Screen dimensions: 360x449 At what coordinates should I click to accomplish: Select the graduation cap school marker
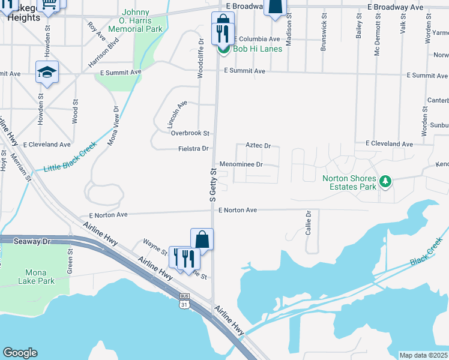pos(47,73)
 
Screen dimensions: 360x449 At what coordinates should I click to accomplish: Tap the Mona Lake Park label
pos(36,277)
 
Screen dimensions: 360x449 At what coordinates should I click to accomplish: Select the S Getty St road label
pos(212,185)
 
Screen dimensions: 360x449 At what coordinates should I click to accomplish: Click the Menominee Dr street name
pos(241,164)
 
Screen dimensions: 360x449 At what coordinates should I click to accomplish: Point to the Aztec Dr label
pos(259,146)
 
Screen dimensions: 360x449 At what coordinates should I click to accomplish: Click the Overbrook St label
pos(190,133)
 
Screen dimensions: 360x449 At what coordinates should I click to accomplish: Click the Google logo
pos(20,353)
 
